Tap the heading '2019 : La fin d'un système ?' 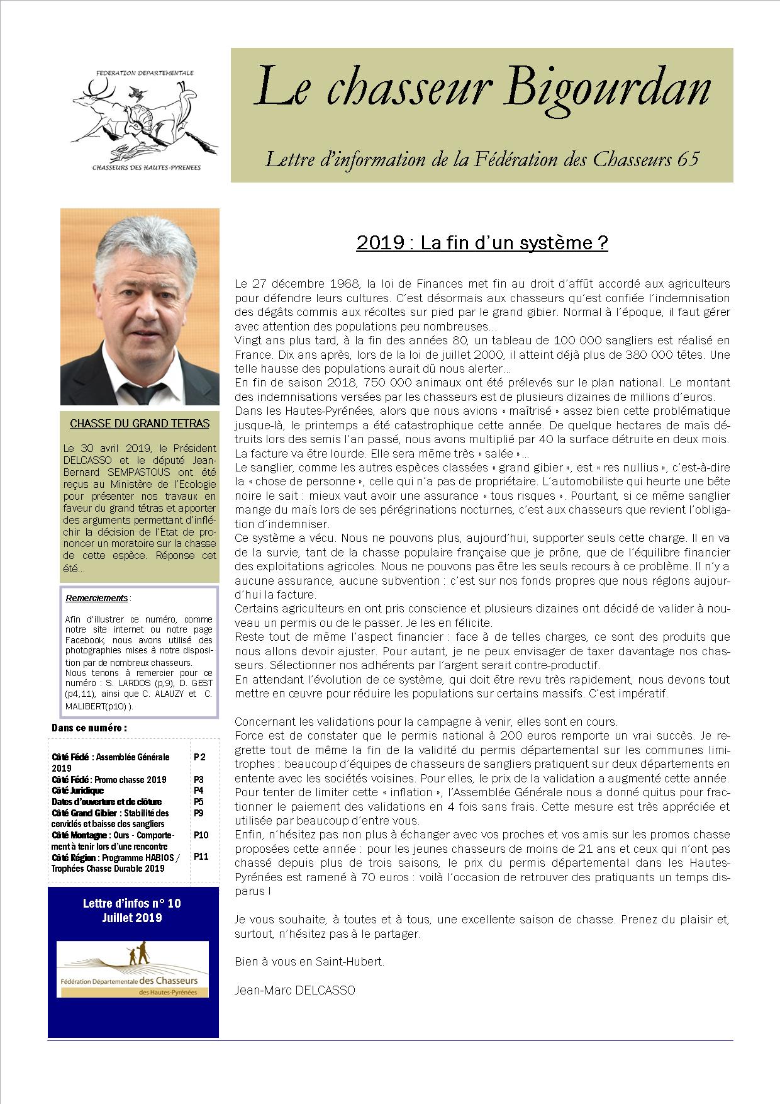[482, 243]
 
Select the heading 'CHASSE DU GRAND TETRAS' [140, 424]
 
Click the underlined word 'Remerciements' [96, 598]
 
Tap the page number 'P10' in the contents [201, 835]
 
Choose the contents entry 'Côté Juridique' [78, 791]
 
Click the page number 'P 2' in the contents [199, 757]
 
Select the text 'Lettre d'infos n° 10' [132, 903]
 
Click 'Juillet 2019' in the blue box [132, 918]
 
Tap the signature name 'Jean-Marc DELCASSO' [294, 990]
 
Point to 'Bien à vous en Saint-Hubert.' [309, 962]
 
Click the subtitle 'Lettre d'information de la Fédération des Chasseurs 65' [482, 159]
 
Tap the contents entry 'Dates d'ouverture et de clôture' [107, 802]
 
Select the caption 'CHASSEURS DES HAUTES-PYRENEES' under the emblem [142, 167]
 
